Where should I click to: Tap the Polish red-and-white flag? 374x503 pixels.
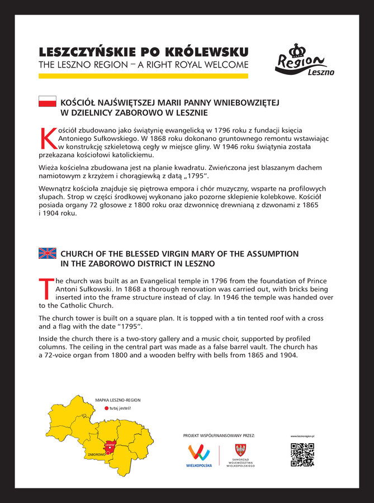[47, 101]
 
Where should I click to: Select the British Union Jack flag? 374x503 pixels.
[47, 253]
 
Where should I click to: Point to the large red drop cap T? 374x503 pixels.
[47, 288]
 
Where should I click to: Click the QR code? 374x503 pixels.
[302, 454]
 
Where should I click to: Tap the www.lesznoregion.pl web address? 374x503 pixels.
[302, 435]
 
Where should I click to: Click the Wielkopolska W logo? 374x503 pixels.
[199, 452]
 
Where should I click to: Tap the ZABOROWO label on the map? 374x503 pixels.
[96, 455]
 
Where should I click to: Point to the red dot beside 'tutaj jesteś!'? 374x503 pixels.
[106, 409]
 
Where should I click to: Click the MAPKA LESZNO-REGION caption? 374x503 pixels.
[117, 400]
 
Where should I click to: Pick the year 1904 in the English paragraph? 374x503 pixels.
[286, 355]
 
